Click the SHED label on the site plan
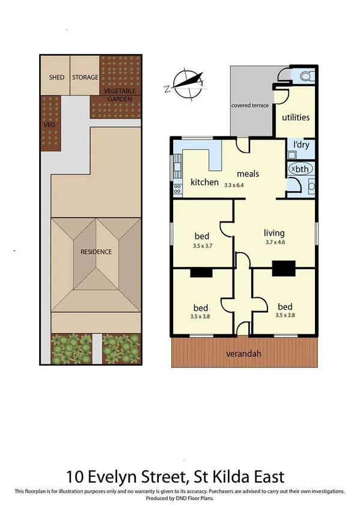point(56,78)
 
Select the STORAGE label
point(85,78)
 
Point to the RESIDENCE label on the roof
point(96,252)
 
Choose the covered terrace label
point(249,106)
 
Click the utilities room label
point(296,117)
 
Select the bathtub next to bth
point(299,169)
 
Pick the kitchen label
point(204,182)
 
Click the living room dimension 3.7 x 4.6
point(273,242)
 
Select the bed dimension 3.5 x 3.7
point(203,246)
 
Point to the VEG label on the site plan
point(49,124)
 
